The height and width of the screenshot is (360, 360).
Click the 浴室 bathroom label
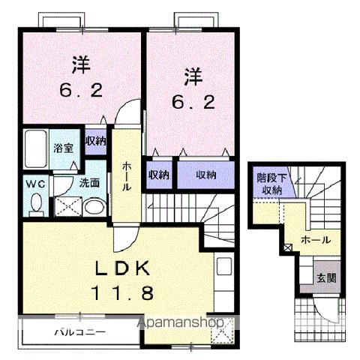point(61,147)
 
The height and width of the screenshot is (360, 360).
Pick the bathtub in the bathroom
point(35,149)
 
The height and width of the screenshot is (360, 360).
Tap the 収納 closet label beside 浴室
point(95,140)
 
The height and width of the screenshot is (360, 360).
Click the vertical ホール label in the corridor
point(127,175)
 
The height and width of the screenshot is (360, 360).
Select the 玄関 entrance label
point(325,275)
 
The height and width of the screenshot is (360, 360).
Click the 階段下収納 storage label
point(270,184)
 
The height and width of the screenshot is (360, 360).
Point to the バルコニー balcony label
point(79,331)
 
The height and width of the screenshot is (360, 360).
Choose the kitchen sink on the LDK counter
point(223,266)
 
